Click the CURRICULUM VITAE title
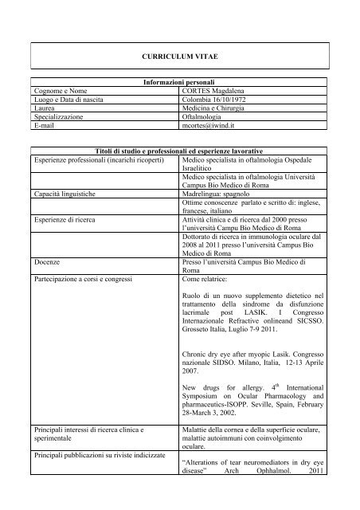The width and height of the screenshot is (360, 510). [x=179, y=60]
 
